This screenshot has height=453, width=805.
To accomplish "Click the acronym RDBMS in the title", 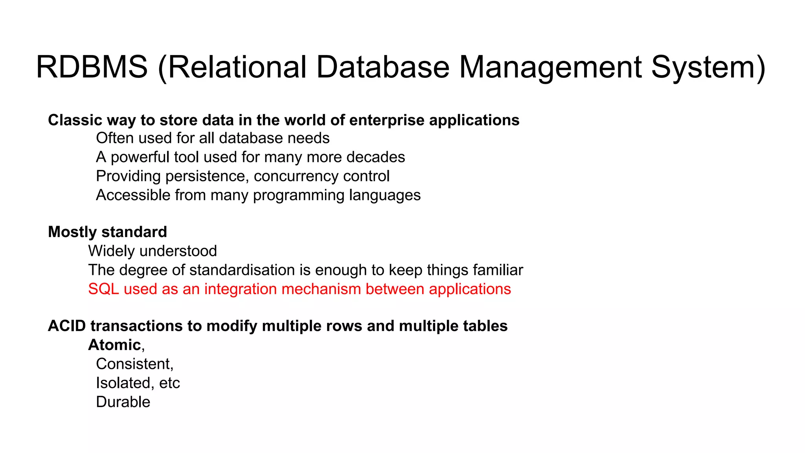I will click(x=92, y=67).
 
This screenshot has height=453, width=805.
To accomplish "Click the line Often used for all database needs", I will click(x=213, y=138).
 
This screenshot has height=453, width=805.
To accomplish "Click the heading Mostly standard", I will click(x=107, y=232).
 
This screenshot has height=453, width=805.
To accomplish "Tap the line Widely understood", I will click(x=153, y=251).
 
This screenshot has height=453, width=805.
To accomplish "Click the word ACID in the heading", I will click(x=67, y=326).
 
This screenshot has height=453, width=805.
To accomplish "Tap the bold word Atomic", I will click(x=114, y=345).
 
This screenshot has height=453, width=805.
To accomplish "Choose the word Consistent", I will click(x=134, y=364).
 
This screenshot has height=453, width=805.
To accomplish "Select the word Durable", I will click(x=123, y=402).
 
